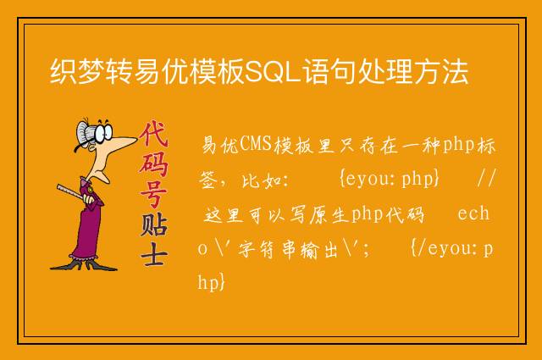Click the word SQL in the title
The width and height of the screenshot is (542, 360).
pyautogui.click(x=272, y=72)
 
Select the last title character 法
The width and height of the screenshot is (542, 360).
pyautogui.click(x=455, y=72)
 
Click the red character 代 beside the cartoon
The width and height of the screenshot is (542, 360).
pyautogui.click(x=154, y=134)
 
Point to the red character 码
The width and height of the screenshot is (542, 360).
pyautogui.click(x=154, y=165)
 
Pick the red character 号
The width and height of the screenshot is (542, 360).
pyautogui.click(x=154, y=195)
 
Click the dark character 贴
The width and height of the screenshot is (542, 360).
pyautogui.click(x=154, y=225)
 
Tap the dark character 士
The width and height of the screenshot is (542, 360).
pyautogui.click(x=154, y=254)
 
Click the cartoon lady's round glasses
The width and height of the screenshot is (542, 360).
pyautogui.click(x=103, y=132)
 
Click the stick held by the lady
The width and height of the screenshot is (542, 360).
pyautogui.click(x=71, y=192)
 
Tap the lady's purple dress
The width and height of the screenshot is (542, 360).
pyautogui.click(x=87, y=224)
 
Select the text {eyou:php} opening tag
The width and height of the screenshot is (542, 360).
pyautogui.click(x=390, y=179)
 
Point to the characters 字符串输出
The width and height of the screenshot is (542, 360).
pyautogui.click(x=288, y=249)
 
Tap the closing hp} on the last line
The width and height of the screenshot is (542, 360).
pyautogui.click(x=212, y=282)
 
